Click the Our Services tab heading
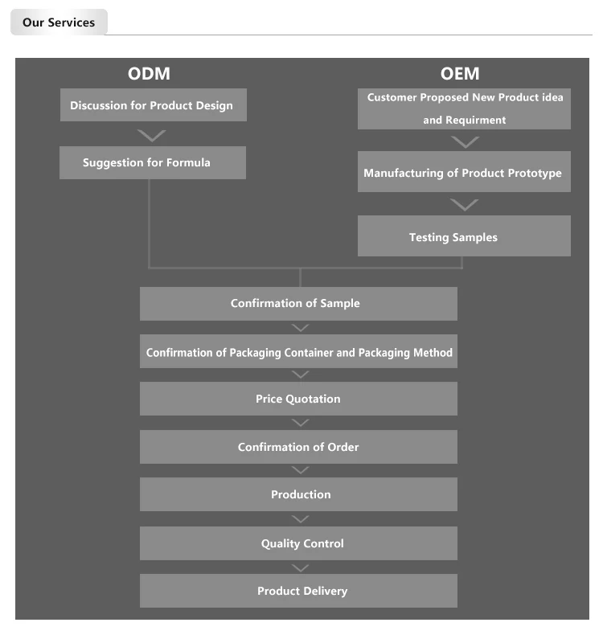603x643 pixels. [x=59, y=23]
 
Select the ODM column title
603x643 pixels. [x=149, y=74]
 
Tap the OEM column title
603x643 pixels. [x=460, y=74]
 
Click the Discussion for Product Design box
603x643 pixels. [x=154, y=105]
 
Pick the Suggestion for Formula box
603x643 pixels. [x=153, y=163]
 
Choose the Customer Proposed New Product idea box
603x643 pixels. [x=464, y=109]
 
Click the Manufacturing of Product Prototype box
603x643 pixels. [x=464, y=171]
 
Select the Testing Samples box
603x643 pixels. [x=464, y=235]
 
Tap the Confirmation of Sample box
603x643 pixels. [x=298, y=304]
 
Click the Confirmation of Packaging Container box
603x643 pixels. [x=298, y=351]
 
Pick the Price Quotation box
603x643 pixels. [x=298, y=399]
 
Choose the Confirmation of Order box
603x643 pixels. [x=298, y=447]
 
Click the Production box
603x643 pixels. [x=298, y=494]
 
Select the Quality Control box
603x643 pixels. [x=298, y=543]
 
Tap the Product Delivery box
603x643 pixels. [x=298, y=591]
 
